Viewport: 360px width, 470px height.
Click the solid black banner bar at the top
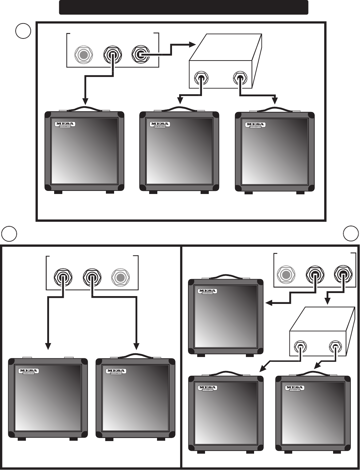[x=184, y=7]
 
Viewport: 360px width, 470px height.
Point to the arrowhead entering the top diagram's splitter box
[x=191, y=44]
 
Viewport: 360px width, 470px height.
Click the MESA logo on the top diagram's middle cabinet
[x=159, y=124]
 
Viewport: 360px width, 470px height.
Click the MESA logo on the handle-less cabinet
[x=29, y=371]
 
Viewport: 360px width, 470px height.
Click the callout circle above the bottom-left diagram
[x=9, y=233]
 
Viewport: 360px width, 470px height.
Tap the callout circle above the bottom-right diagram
[x=351, y=233]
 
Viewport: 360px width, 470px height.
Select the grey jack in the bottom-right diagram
[x=286, y=274]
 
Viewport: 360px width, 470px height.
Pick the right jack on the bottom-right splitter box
[x=335, y=347]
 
